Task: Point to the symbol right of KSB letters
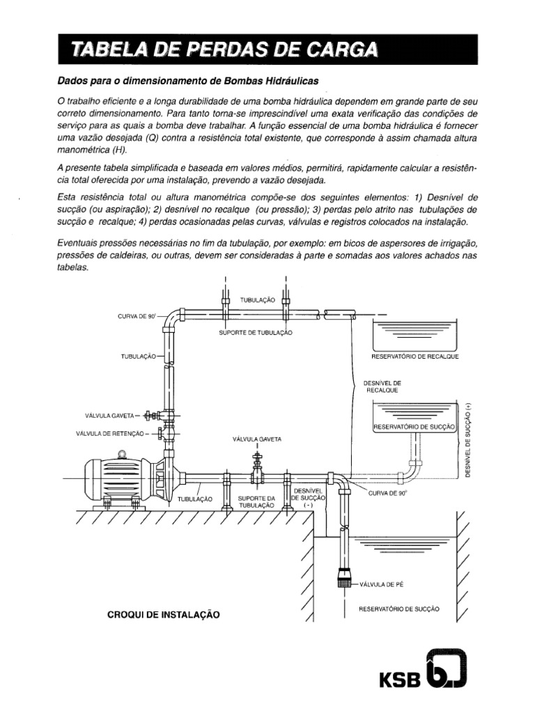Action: click(x=446, y=670)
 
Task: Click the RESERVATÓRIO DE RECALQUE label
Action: click(x=416, y=356)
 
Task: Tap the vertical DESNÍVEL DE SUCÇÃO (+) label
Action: click(x=470, y=440)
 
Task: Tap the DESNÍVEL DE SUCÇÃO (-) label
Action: click(x=307, y=499)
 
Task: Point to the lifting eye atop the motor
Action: click(x=123, y=454)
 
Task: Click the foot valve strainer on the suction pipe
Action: click(x=344, y=577)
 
